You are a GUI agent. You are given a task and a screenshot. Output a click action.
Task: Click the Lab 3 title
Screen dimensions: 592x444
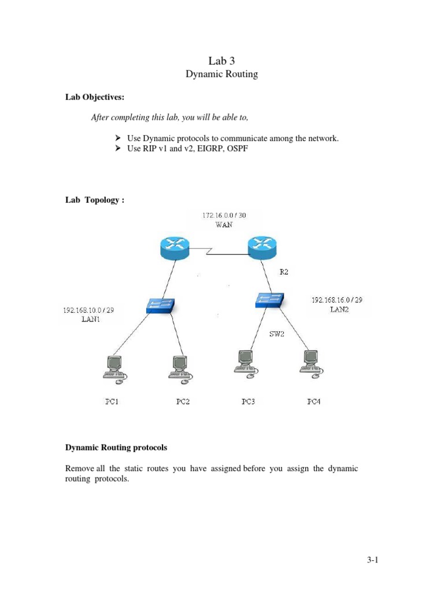[221, 60]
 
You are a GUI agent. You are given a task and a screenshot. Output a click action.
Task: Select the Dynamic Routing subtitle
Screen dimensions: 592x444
[221, 74]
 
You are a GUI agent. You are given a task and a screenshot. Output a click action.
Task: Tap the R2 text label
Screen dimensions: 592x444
[283, 272]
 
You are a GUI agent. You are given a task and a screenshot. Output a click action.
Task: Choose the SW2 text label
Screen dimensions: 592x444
[278, 334]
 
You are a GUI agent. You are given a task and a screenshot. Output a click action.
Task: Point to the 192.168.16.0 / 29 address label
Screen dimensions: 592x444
[341, 300]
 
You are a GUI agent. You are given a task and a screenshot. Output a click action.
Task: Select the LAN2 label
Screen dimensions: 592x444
[340, 309]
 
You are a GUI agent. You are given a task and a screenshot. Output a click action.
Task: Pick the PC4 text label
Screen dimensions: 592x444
[313, 402]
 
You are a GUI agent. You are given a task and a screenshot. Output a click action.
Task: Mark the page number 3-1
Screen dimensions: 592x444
[371, 560]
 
